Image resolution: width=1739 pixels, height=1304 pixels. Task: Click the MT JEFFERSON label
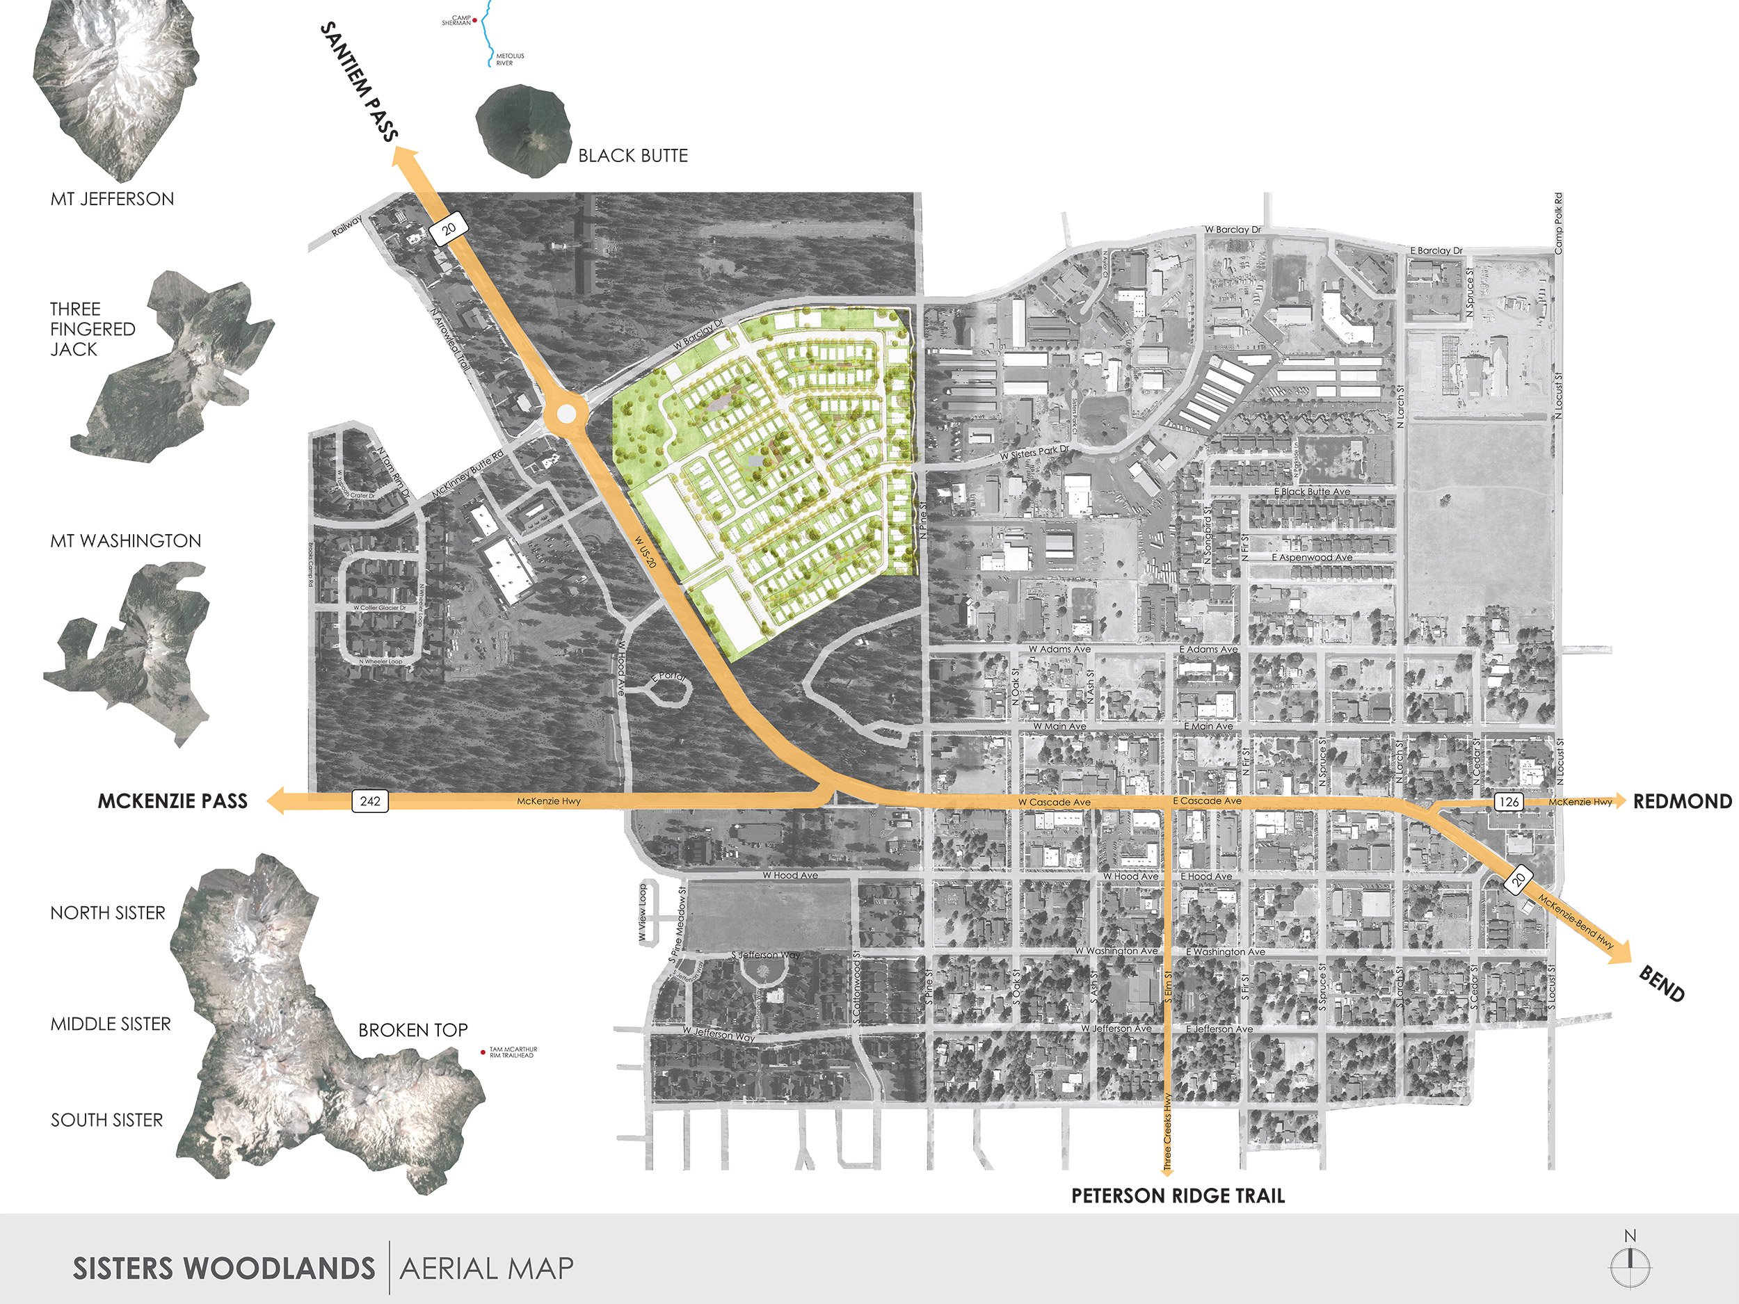[113, 199]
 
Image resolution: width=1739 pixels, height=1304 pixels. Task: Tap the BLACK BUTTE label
[633, 156]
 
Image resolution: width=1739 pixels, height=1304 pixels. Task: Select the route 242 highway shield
[369, 801]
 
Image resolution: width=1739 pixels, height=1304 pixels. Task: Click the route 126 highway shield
[1509, 802]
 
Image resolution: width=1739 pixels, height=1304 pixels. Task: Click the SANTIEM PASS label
[360, 82]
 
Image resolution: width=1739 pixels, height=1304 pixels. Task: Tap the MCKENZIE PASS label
[173, 801]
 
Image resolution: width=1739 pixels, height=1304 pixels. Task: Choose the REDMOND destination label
[1683, 801]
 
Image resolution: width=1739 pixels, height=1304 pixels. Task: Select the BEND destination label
[1661, 983]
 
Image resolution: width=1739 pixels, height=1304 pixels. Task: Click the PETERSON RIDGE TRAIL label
[1178, 1196]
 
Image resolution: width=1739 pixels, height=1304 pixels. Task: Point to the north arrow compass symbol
[1630, 1263]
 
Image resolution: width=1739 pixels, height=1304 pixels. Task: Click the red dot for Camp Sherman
[475, 20]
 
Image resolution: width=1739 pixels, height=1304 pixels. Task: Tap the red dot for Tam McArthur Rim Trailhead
[483, 1052]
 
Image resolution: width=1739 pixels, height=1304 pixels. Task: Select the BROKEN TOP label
[412, 1030]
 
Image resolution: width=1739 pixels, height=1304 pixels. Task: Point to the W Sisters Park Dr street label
[1034, 453]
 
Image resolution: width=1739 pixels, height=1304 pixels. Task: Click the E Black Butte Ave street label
[1312, 491]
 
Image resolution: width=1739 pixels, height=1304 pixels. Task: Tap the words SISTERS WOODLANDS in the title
[224, 1269]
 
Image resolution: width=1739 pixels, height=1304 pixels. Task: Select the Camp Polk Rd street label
[1558, 223]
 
